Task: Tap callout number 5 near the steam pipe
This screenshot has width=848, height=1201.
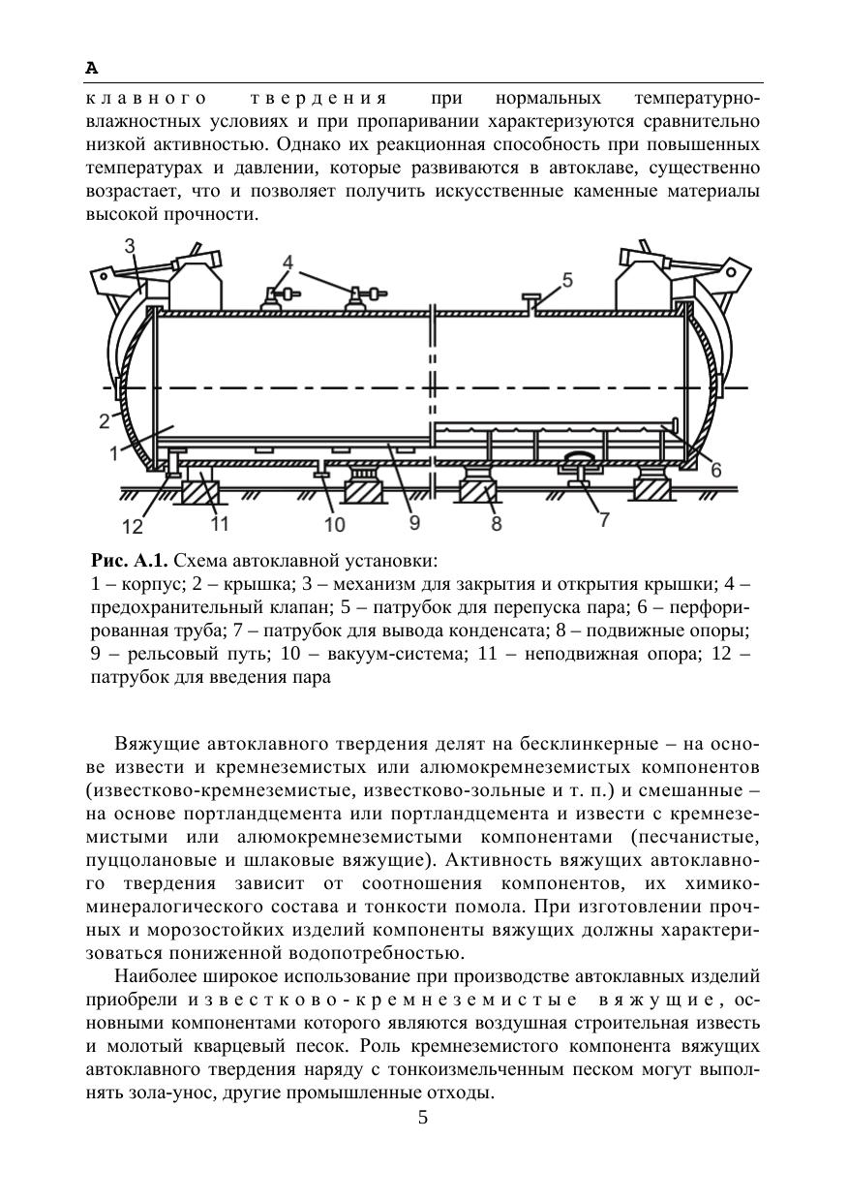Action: coord(567,280)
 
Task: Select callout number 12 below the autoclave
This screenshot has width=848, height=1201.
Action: coord(132,526)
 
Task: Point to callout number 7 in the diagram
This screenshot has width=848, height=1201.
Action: coord(605,519)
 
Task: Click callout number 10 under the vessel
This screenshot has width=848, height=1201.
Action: coord(334,525)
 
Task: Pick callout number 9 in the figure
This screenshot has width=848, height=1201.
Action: coord(413,522)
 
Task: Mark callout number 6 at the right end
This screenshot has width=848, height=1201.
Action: coord(715,470)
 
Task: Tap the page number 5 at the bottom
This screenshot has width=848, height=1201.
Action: coord(423,1118)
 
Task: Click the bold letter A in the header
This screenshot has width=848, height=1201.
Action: coord(92,68)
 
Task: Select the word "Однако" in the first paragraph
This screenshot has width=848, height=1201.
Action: coord(309,146)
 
